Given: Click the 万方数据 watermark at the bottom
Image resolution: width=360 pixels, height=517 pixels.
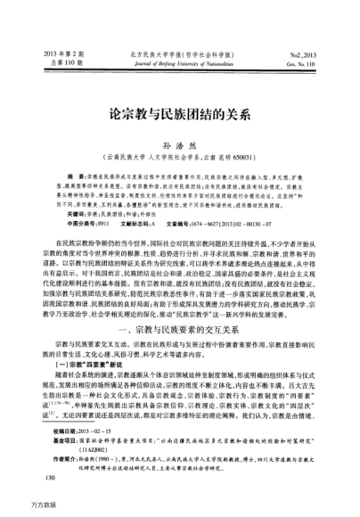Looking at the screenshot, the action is pyautogui.click(x=18, y=513).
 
